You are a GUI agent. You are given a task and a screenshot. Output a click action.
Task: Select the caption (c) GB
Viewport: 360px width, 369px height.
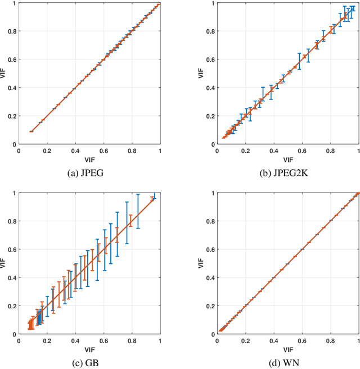(89, 362)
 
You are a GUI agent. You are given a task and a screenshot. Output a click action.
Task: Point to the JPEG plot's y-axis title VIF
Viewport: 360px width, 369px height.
(4, 74)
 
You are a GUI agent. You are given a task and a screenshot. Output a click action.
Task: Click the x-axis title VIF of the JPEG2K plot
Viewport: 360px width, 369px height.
(287, 159)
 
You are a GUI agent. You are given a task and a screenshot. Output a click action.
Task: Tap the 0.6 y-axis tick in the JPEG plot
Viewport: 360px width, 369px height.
(11, 60)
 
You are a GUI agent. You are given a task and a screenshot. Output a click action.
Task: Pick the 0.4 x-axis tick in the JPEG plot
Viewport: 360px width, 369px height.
(75, 151)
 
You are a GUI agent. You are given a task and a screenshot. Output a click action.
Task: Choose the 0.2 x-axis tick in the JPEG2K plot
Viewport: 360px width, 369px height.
(245, 151)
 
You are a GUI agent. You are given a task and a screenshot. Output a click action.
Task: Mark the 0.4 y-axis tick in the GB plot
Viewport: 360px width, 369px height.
(11, 278)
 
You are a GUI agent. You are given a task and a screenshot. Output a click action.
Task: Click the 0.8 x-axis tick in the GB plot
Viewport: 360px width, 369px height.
(132, 340)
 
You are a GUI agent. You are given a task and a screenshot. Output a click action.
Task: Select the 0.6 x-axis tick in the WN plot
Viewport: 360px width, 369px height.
(302, 340)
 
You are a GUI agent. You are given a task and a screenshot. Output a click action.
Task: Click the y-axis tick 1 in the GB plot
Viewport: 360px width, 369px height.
(14, 193)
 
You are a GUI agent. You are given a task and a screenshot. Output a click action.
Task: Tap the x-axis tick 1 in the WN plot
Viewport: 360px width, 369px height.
(358, 340)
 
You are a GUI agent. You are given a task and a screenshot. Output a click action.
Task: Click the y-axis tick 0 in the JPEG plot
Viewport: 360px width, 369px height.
(14, 145)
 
